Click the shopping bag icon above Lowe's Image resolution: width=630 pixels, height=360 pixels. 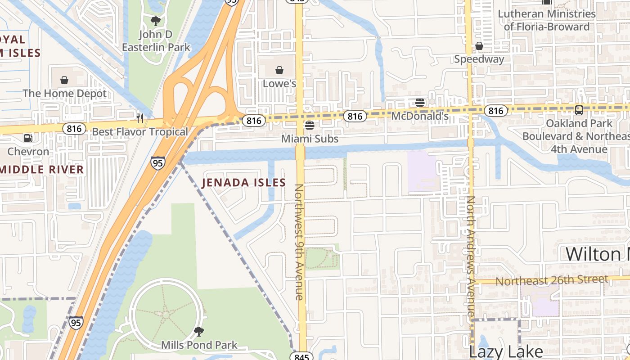click(279, 70)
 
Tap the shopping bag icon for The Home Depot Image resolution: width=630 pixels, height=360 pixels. click(64, 80)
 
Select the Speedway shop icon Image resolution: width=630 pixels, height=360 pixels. click(479, 46)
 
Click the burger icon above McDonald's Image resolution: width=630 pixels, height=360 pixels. click(420, 103)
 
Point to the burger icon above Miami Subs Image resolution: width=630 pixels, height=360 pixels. click(309, 125)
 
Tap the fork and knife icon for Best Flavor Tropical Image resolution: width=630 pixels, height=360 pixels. click(140, 118)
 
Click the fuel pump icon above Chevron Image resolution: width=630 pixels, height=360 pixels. click(28, 138)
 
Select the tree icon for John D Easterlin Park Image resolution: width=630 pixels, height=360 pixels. click(156, 21)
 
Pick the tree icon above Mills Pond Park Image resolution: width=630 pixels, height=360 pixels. click(198, 332)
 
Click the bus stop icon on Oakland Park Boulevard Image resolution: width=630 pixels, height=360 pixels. click(579, 110)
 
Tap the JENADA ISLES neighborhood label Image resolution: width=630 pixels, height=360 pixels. click(243, 182)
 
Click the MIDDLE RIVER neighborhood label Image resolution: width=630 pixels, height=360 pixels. click(42, 170)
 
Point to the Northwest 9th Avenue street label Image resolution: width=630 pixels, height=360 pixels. click(299, 242)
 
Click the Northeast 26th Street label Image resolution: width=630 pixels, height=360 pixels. click(552, 280)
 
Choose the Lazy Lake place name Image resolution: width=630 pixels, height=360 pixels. click(506, 351)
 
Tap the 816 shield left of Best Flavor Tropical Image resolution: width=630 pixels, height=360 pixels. click(74, 129)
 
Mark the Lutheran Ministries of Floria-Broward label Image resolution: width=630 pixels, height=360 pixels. click(546, 20)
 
